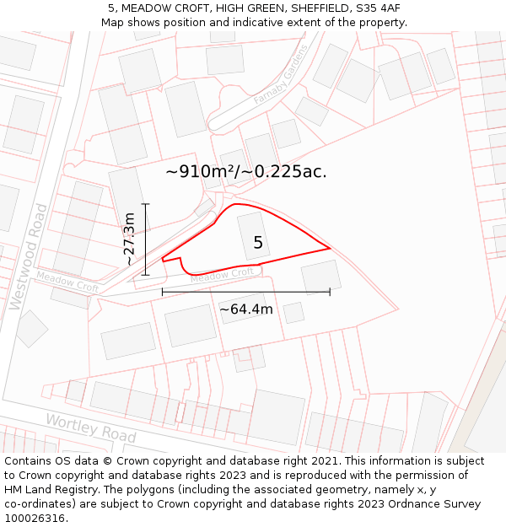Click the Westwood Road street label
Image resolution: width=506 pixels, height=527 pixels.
[x=27, y=256]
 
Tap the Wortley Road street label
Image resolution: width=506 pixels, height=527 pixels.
[x=91, y=428]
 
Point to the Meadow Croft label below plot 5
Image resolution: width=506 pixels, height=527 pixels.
[x=222, y=275]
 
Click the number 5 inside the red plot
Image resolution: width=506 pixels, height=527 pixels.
[x=258, y=243]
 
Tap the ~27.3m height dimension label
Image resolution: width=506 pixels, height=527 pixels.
[x=129, y=239]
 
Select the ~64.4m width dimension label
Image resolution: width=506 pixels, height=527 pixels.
[x=246, y=309]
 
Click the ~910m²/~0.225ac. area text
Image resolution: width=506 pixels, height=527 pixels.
[x=246, y=171]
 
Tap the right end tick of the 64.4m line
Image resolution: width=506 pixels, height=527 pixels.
[x=330, y=292]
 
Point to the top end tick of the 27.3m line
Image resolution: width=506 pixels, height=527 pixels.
[x=146, y=204]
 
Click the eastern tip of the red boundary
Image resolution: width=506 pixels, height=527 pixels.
[x=330, y=249]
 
